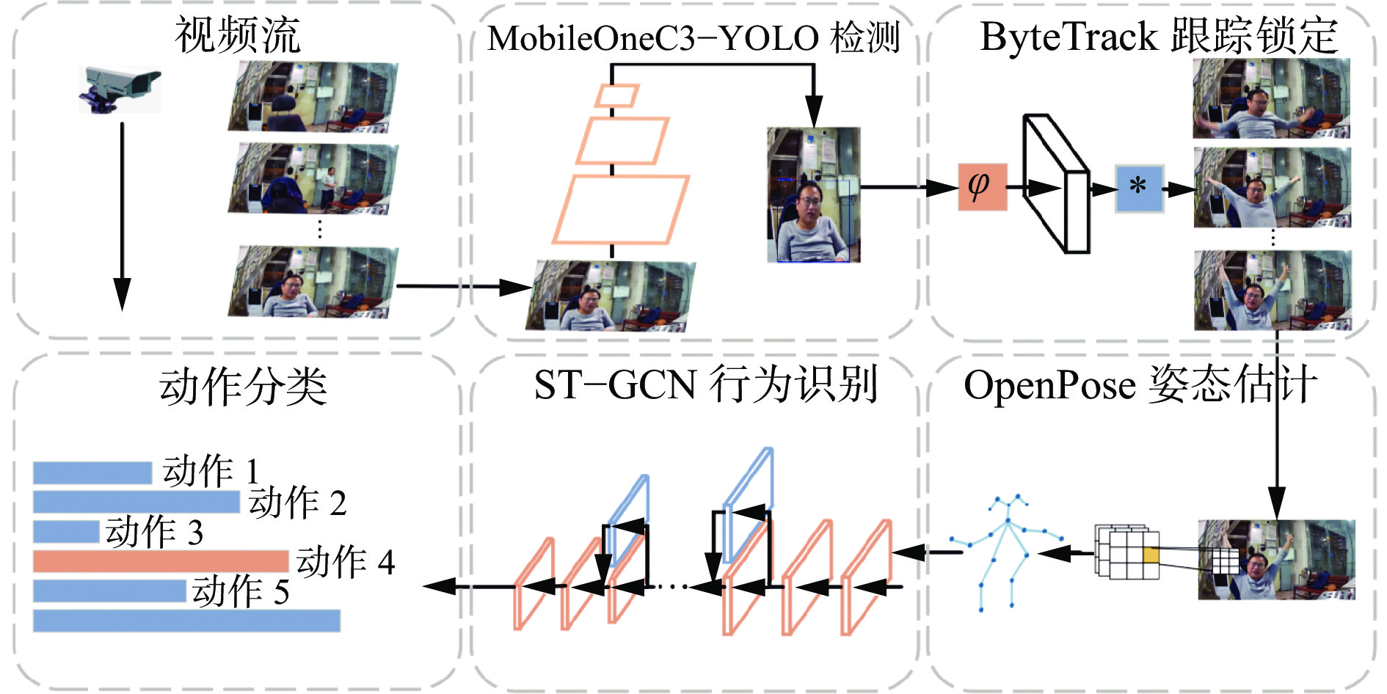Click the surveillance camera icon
point(120,90)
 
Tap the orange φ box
point(982,187)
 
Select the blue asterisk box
point(1139,188)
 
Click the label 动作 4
point(346,562)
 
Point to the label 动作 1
point(210,471)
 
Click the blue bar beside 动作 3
point(66,531)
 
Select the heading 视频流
point(238,35)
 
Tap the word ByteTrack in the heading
point(1069,37)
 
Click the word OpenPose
point(1049,386)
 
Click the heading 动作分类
point(243,387)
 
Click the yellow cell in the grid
point(1150,555)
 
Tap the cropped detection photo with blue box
point(813,195)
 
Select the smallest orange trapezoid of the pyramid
point(616,95)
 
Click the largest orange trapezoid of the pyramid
point(620,210)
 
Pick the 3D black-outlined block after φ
point(1057,183)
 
